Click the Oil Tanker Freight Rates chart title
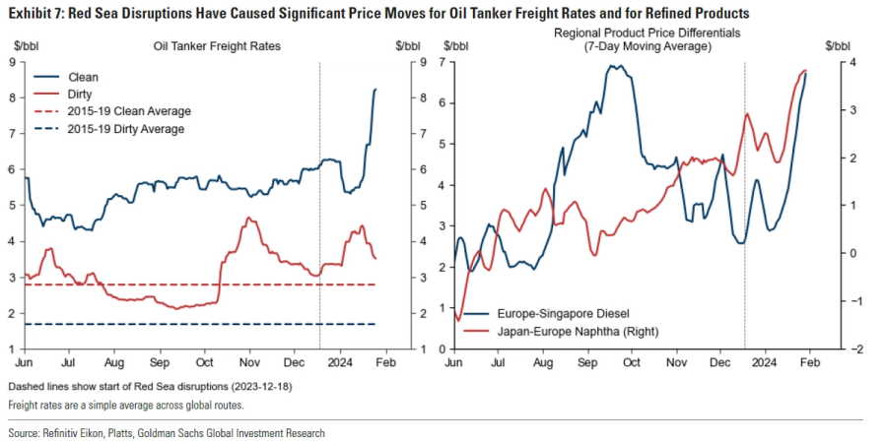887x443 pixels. coord(217,46)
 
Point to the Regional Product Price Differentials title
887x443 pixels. coord(646,33)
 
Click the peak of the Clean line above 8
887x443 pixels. coord(375,90)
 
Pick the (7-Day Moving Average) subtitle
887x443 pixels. coord(646,47)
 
